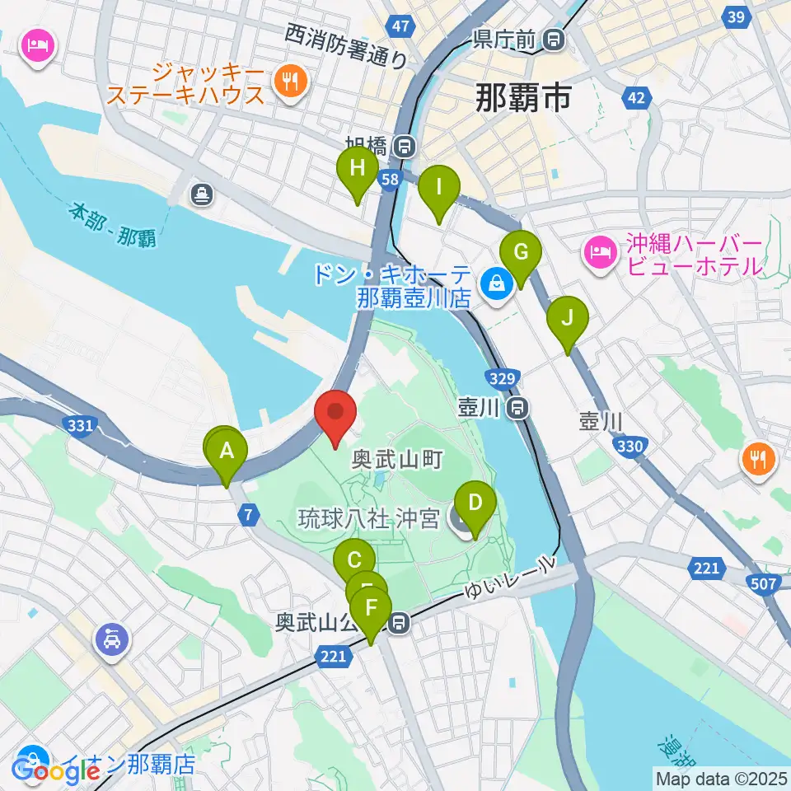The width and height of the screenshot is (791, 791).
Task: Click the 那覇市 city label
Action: (523, 100)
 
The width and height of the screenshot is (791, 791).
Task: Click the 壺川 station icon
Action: (518, 406)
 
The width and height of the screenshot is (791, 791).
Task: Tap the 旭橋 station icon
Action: (404, 147)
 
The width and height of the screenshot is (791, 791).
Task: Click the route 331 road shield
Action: (79, 424)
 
